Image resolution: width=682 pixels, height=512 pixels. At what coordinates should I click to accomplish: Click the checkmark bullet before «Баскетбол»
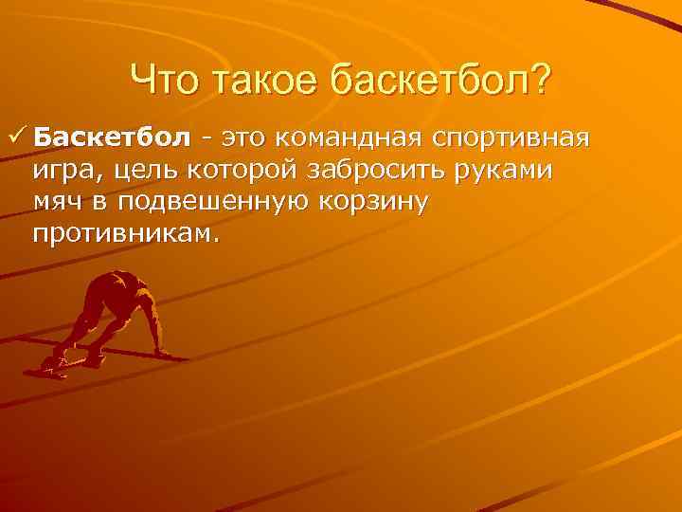15,138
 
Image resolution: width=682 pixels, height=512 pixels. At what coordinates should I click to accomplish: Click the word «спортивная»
511,138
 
